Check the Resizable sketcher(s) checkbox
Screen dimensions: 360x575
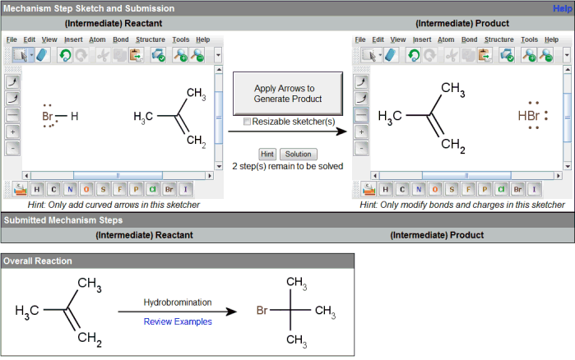coord(248,122)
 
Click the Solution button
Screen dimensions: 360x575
coord(298,154)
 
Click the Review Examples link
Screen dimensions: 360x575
coord(178,321)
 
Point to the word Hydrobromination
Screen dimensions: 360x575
coord(178,302)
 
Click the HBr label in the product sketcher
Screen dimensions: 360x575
coord(530,116)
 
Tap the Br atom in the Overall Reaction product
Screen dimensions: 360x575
coord(262,311)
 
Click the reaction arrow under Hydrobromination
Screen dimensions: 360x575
coord(178,312)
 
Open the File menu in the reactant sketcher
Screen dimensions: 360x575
coord(12,39)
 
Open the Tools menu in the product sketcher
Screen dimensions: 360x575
coord(530,39)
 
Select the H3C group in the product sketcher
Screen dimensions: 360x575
coord(391,116)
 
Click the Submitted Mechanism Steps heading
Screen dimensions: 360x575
coord(64,220)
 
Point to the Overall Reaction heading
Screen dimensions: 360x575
coord(38,261)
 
